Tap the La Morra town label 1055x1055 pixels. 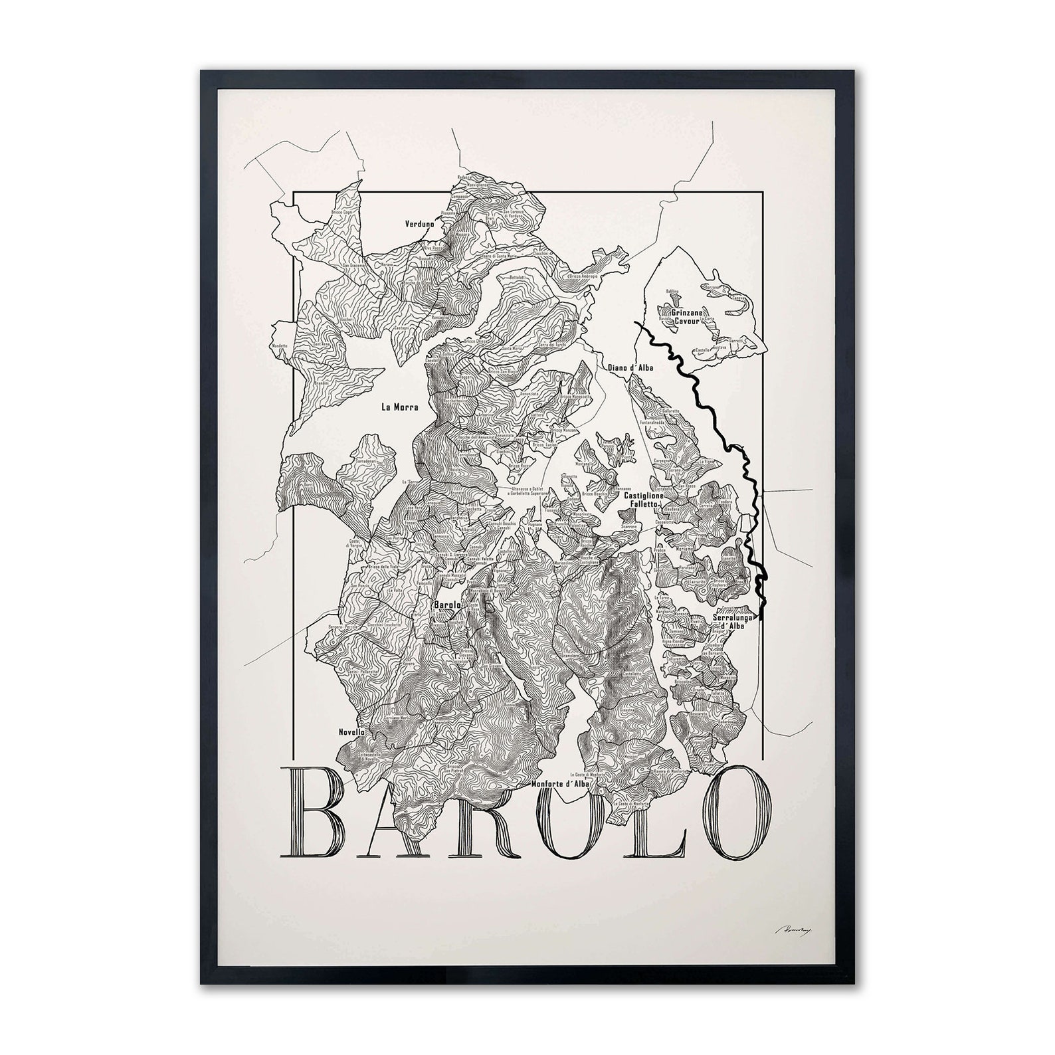[x=399, y=407]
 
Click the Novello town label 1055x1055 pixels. [x=351, y=731]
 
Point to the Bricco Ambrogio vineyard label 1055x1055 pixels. [x=583, y=276]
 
